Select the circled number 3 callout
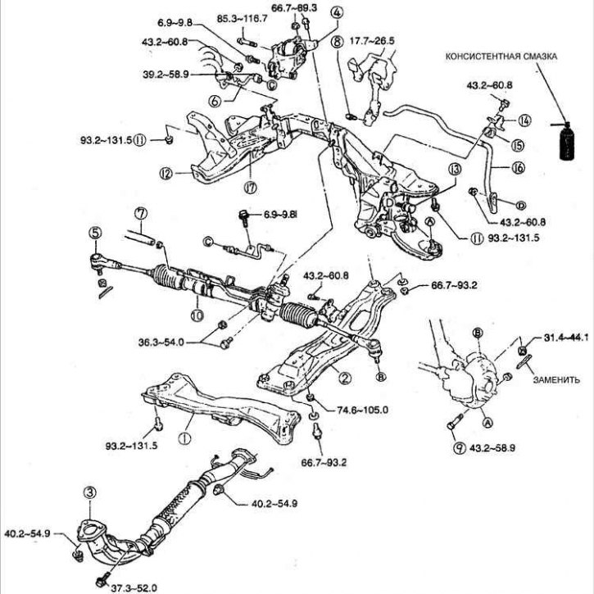[90, 492]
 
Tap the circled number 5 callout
[96, 233]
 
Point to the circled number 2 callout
[346, 378]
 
